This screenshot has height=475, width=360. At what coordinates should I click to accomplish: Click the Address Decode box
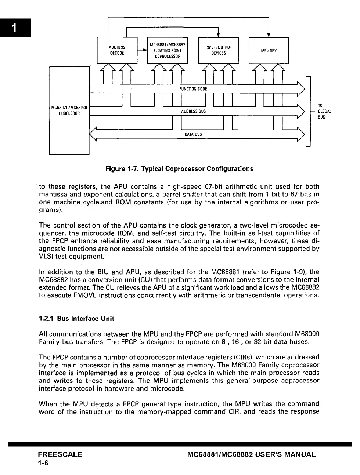[117, 50]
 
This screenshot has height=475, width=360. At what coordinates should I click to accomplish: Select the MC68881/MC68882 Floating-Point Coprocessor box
[167, 51]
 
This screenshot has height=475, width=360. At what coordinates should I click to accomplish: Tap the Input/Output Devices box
[218, 50]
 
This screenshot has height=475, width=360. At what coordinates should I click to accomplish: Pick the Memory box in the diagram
[269, 50]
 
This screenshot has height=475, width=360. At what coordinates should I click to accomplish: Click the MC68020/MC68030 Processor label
[69, 110]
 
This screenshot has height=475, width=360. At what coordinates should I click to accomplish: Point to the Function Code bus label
[193, 89]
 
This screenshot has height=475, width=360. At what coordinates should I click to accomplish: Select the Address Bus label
[193, 111]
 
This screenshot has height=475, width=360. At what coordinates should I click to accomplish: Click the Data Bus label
[193, 134]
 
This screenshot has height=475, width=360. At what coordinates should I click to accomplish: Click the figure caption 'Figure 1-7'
[179, 169]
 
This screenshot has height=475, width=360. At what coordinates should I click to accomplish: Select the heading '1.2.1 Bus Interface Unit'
[76, 319]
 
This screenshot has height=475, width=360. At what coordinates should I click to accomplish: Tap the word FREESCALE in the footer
[60, 454]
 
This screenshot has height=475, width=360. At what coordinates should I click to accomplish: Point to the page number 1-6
[43, 463]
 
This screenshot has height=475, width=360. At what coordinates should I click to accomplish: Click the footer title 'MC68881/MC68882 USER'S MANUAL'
[251, 454]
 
